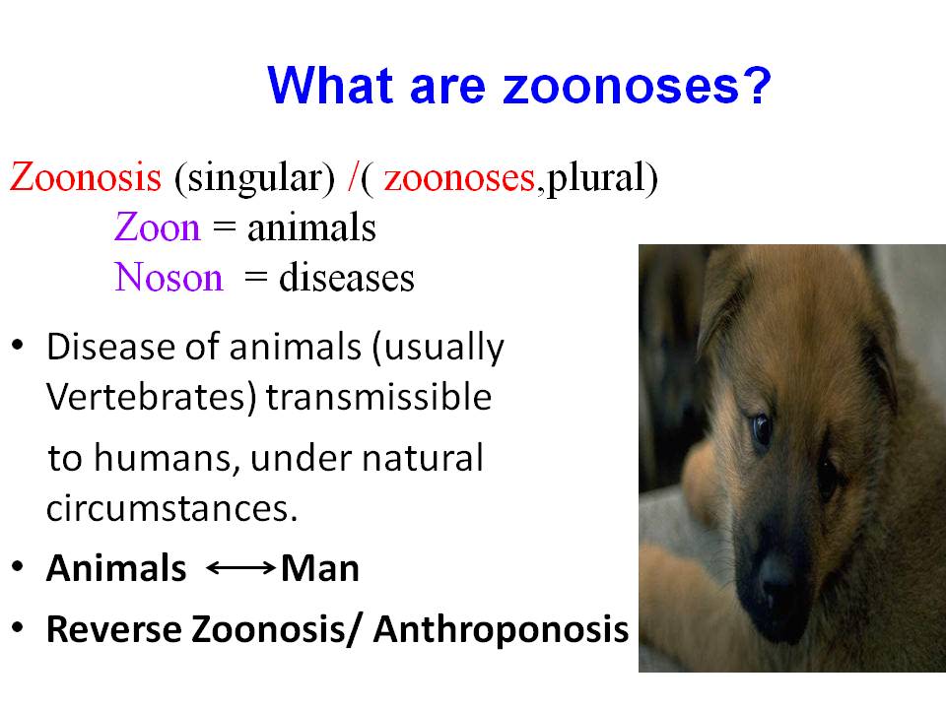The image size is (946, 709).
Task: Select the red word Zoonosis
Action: (86, 177)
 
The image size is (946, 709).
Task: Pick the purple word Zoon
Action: (157, 227)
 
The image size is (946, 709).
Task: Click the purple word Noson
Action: (169, 278)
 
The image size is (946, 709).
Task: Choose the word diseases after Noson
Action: (346, 278)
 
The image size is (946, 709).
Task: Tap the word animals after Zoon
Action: (311, 227)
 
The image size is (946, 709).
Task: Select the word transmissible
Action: (378, 397)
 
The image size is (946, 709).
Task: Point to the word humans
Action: (164, 458)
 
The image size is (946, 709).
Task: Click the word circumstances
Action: (171, 508)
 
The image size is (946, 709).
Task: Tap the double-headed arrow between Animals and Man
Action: (240, 568)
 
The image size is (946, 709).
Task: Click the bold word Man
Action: (319, 568)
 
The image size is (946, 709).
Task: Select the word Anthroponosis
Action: (501, 629)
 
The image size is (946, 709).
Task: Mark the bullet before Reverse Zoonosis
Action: (18, 627)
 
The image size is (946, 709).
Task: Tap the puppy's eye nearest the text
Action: (762, 429)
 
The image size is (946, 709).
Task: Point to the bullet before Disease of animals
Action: (18, 345)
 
